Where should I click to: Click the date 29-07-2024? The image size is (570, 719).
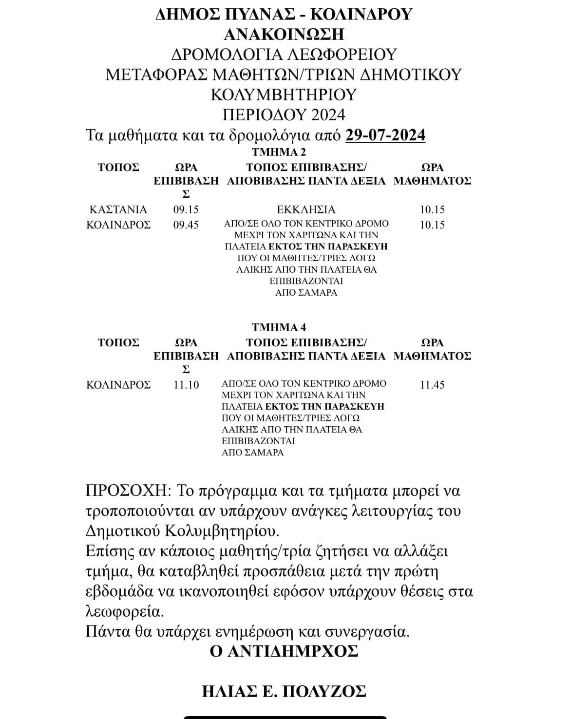[x=385, y=135]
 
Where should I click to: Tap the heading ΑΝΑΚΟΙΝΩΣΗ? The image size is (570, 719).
[x=284, y=34]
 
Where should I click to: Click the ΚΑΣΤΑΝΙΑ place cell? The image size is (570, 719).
[x=118, y=209]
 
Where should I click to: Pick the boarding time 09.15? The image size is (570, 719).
[x=186, y=209]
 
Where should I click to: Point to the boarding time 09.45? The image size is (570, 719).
[x=186, y=225]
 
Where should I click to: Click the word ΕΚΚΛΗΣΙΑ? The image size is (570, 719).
[x=306, y=209]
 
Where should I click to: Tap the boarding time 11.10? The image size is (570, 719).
[x=186, y=385]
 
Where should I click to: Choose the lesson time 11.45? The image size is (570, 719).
[x=432, y=385]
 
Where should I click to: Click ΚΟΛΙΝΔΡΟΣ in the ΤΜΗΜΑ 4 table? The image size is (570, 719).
[x=118, y=385]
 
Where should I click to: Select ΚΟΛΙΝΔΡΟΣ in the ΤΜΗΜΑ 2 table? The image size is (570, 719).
[x=118, y=225]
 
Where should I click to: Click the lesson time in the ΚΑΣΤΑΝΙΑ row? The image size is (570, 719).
[x=432, y=209]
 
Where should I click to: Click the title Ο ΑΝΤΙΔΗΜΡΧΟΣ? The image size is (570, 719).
[x=284, y=651]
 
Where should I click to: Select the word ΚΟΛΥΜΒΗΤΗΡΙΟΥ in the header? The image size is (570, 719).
[x=284, y=94]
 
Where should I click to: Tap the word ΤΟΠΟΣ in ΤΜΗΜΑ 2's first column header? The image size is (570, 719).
[x=118, y=167]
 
